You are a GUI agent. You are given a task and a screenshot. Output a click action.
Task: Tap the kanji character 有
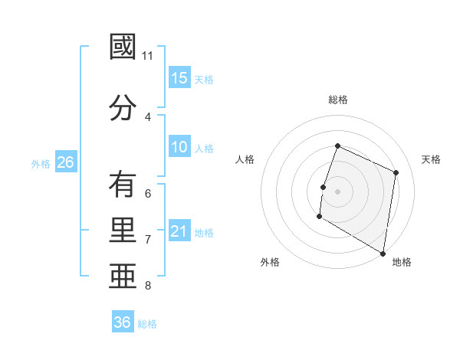[123, 185]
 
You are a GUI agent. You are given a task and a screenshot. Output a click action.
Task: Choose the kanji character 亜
[123, 277]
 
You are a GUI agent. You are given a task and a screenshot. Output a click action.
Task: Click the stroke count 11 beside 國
[148, 56]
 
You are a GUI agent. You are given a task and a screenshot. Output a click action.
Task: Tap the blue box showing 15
[179, 78]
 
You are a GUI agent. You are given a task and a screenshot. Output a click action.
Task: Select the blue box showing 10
[179, 148]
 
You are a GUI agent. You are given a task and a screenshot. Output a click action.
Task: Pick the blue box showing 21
[179, 232]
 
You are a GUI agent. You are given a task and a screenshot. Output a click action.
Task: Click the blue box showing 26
[65, 162]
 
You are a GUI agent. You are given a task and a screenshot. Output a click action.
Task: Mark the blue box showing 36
[123, 322]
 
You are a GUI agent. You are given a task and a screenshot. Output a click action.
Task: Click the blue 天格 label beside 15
[204, 79]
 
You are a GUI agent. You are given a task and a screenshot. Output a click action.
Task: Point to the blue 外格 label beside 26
[41, 163]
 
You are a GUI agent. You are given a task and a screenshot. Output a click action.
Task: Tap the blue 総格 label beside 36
[147, 323]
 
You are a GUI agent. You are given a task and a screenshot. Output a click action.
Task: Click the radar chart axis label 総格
[338, 100]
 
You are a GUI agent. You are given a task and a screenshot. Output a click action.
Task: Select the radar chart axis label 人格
[245, 159]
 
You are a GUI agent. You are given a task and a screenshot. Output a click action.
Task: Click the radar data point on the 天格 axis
[396, 172]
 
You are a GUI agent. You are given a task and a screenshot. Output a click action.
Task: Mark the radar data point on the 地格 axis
[383, 253]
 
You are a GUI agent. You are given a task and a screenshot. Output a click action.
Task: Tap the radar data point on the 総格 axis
[337, 146]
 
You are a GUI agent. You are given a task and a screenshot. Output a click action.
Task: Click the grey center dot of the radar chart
[337, 191]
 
